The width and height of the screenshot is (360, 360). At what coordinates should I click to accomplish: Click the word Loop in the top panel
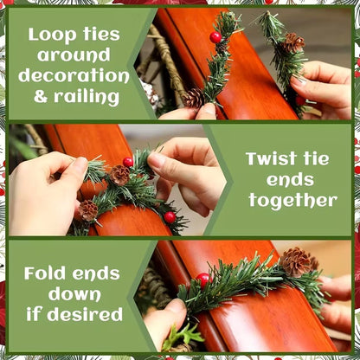50,35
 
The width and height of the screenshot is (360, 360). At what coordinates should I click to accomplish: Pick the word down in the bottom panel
68,293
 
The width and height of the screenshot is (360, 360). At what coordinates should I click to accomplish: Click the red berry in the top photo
215,37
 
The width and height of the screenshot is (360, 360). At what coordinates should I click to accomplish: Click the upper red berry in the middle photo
128,162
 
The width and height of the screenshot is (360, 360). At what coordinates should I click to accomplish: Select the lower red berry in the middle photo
170,217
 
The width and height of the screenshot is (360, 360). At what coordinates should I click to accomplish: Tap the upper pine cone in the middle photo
119,174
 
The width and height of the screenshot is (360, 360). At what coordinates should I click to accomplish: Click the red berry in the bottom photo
203,280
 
